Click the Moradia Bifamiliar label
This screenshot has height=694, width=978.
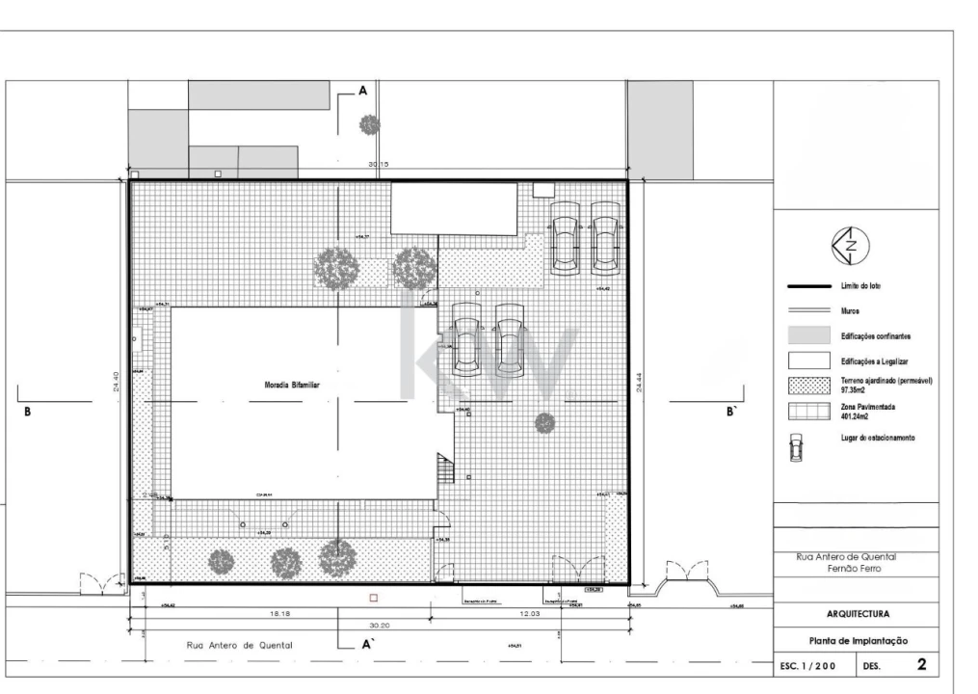point(292,384)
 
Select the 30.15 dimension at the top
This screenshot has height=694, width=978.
point(378,165)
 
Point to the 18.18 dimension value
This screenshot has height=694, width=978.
point(279,613)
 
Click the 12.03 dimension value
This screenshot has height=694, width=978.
point(530,613)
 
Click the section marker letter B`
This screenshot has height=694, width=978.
point(731,411)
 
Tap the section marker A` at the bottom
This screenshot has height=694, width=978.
point(367,647)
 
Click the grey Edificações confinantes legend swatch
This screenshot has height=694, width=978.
point(808,335)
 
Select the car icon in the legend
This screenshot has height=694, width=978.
point(795,445)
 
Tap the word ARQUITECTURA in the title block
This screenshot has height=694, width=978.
point(857,614)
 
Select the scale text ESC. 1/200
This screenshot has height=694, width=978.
point(807,666)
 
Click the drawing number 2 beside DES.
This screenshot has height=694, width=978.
point(921,665)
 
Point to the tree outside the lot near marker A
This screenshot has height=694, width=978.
point(369,124)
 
